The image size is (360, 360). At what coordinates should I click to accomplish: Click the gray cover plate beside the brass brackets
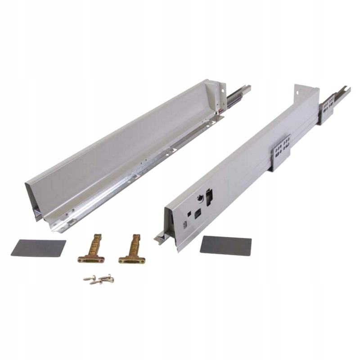(x=38, y=247)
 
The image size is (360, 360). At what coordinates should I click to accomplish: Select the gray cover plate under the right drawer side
(x=225, y=244)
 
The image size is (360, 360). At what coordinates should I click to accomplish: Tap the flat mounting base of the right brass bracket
(x=132, y=260)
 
